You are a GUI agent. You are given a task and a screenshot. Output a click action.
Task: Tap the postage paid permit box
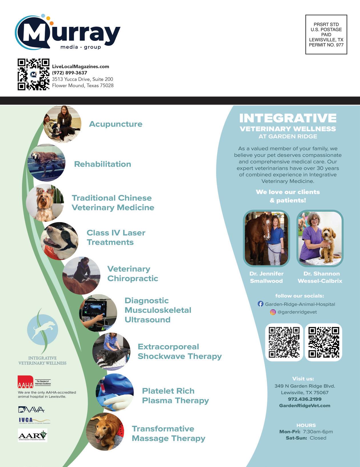(326, 35)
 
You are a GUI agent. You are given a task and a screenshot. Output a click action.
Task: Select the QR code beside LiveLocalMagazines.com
(33, 75)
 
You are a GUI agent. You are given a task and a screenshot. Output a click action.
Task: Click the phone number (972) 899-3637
(69, 73)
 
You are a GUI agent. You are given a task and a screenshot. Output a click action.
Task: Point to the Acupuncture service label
(116, 124)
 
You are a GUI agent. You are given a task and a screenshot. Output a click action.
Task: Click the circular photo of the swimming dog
(46, 163)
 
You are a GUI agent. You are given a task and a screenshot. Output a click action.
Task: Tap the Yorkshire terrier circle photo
(45, 203)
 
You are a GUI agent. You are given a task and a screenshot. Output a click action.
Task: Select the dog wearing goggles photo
(60, 241)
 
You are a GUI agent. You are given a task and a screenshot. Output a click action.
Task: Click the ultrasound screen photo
(98, 313)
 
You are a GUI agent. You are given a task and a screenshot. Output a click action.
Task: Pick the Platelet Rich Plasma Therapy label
(175, 396)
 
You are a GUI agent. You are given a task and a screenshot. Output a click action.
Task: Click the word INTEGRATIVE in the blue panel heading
(288, 118)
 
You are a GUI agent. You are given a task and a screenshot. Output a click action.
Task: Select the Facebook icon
(260, 304)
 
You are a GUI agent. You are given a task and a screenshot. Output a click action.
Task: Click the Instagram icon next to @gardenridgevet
(273, 312)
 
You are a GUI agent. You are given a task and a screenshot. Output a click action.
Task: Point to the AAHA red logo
(26, 382)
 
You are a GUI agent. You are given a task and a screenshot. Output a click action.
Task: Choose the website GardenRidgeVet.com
(305, 406)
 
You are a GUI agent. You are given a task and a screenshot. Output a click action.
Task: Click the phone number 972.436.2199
(305, 399)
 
